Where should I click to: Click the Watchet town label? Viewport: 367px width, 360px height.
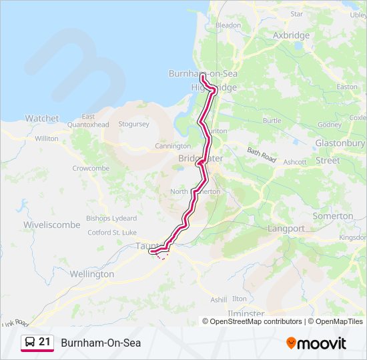[42, 118]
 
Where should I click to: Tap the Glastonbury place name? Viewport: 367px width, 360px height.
[340, 143]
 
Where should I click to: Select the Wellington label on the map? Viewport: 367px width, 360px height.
[92, 274]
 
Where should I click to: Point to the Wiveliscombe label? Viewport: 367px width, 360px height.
[52, 225]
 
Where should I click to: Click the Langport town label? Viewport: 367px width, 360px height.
[286, 228]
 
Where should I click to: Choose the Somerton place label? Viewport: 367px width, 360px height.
[333, 216]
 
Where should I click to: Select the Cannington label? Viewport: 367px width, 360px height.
[173, 146]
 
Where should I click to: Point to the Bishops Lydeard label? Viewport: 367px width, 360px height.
[111, 219]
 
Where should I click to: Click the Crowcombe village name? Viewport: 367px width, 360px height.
[91, 169]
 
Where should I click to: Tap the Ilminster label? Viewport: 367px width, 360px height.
[246, 313]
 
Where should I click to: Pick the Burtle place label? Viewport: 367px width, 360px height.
[272, 121]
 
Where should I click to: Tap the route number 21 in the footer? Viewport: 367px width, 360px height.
[45, 342]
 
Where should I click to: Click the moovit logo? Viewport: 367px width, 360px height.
[316, 343]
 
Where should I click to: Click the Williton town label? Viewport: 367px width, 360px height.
[47, 139]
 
